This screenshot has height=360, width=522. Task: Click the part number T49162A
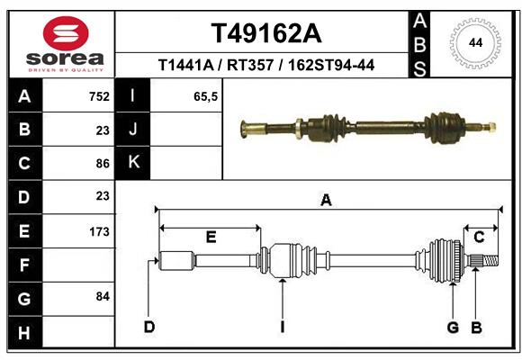tap(265, 33)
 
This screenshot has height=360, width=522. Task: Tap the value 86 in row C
tap(102, 164)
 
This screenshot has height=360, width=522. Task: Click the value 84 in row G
tap(102, 296)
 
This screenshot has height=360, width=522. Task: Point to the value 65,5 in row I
tap(206, 96)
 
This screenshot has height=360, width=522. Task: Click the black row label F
tap(24, 265)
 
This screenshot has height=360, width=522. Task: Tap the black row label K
tap(133, 163)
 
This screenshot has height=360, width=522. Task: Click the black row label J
tap(133, 130)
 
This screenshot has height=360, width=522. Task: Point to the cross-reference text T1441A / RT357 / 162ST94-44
tap(265, 65)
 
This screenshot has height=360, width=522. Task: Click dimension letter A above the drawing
tap(326, 201)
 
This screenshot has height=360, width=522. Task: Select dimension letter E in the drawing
tap(211, 237)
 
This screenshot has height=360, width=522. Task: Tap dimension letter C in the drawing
tap(480, 237)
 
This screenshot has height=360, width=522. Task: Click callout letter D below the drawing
tap(149, 326)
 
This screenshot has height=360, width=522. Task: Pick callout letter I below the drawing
tap(282, 326)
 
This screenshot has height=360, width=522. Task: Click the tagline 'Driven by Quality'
tap(66, 69)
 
